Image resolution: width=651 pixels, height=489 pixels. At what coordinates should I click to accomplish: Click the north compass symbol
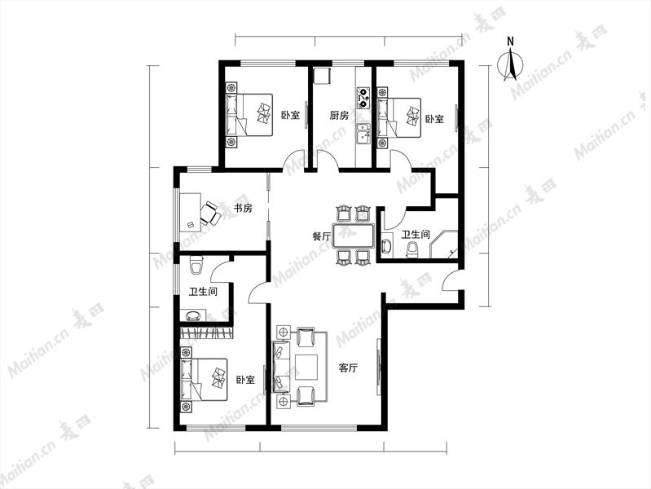click(x=511, y=65)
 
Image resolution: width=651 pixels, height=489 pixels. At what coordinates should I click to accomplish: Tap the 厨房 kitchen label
click(x=339, y=115)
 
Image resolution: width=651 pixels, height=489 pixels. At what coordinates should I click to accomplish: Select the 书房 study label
click(x=243, y=208)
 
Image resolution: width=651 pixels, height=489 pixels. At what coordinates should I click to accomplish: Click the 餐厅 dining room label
click(x=322, y=236)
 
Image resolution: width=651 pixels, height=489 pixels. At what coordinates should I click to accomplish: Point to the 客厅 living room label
click(x=349, y=368)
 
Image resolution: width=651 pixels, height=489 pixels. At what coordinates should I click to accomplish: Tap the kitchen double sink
click(x=363, y=133)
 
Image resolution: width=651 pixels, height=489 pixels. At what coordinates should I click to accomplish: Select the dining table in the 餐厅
click(x=354, y=236)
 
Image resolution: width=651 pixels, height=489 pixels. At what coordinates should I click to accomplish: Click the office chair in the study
click(x=210, y=212)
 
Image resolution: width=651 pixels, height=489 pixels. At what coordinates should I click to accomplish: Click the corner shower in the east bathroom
click(x=444, y=244)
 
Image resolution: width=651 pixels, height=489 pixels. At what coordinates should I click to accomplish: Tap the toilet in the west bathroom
click(x=196, y=265)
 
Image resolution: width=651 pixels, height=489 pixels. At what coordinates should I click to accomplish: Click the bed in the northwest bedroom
click(x=249, y=115)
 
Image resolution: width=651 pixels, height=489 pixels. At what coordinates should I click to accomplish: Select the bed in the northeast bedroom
click(x=399, y=117)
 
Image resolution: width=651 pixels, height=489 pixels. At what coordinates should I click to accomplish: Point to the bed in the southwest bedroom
click(x=205, y=379)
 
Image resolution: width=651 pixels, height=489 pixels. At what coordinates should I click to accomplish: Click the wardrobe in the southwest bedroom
click(x=206, y=333)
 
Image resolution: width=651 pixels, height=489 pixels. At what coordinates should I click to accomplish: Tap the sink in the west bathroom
click(x=193, y=315)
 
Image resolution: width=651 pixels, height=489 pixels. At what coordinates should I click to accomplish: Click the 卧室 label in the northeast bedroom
click(x=434, y=119)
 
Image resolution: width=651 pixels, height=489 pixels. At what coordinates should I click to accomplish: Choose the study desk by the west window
click(x=190, y=212)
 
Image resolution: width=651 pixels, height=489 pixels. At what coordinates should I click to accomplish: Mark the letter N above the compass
click(x=510, y=41)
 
